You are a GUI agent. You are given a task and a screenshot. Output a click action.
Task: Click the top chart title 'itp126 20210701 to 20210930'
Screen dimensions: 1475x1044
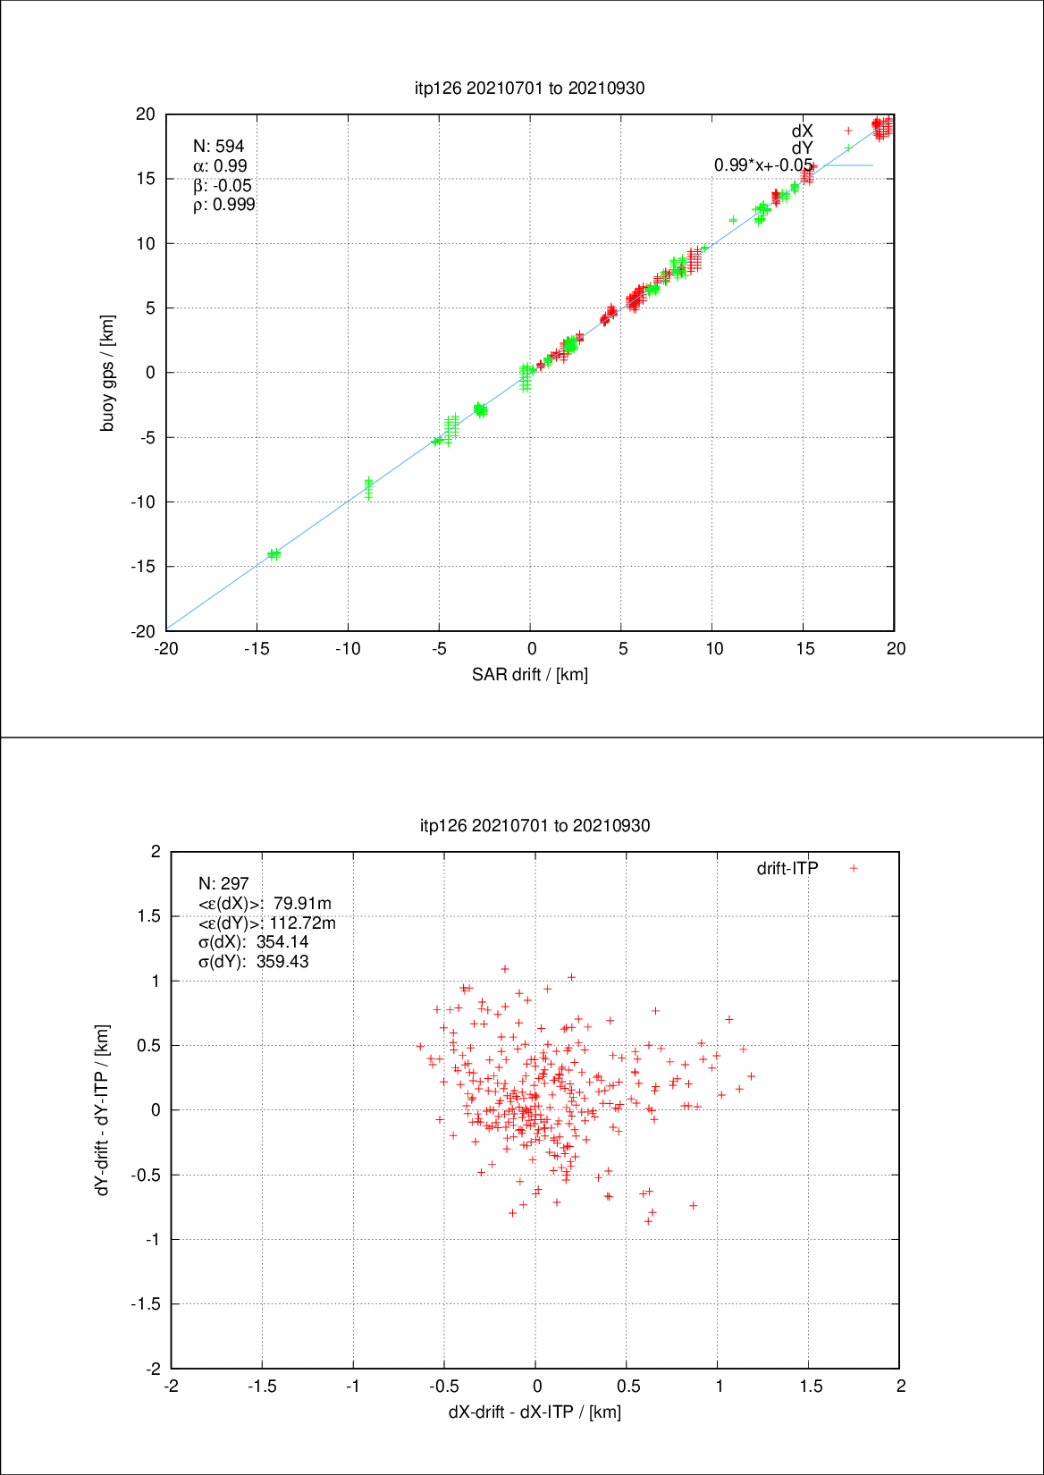[529, 88]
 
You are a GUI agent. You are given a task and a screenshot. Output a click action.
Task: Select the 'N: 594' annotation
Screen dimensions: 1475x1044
[218, 146]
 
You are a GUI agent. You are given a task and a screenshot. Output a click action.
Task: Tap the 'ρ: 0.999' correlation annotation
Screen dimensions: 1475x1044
[223, 205]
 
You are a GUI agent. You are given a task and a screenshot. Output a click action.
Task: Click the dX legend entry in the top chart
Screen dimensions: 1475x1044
[803, 131]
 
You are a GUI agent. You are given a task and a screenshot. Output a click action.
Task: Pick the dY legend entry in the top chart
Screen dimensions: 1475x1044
[803, 148]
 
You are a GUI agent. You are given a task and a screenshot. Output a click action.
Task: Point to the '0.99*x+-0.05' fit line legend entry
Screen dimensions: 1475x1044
[763, 165]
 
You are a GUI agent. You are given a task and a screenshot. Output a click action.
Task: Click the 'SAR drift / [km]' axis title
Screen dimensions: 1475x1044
[529, 674]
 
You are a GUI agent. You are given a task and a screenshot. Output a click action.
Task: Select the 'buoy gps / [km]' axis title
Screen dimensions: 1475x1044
[107, 373]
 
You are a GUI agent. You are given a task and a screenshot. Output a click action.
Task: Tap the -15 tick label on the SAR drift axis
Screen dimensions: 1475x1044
[257, 649]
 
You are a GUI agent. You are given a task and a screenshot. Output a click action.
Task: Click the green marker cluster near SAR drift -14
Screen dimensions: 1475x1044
[274, 554]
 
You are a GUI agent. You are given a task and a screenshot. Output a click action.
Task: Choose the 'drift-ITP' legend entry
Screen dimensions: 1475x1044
[787, 868]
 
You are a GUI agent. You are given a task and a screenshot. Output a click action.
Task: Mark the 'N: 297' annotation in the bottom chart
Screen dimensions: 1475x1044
[223, 883]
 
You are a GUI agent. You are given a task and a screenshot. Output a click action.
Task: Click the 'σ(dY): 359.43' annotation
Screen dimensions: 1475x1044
[253, 962]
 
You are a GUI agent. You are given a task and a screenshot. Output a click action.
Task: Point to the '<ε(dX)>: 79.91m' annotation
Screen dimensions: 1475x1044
[265, 903]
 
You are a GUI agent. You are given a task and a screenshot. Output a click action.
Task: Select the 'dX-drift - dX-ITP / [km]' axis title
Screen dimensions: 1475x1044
[535, 1412]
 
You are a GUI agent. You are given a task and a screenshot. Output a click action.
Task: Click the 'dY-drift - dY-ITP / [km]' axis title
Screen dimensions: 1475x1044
[103, 1109]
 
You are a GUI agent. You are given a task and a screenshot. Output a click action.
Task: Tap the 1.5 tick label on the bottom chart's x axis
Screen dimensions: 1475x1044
[810, 1386]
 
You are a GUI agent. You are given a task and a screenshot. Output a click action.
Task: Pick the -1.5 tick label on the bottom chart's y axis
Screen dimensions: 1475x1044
[146, 1304]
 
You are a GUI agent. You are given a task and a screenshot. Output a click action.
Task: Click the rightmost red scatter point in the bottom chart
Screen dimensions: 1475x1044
[751, 1076]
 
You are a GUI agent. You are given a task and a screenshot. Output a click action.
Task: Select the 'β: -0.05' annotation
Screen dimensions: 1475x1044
[222, 185]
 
